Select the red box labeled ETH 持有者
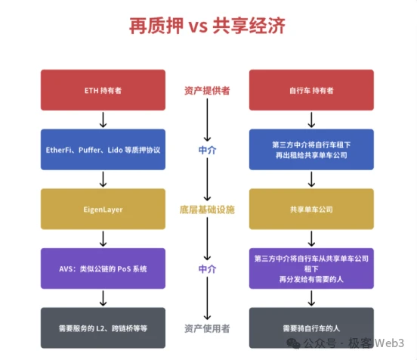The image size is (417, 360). (x=103, y=90)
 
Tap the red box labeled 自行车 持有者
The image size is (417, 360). (x=311, y=90)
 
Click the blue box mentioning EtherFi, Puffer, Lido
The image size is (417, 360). (x=103, y=149)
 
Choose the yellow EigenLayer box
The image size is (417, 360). (x=103, y=209)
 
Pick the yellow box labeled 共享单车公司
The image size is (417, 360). (x=311, y=209)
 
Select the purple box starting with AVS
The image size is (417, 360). (x=103, y=268)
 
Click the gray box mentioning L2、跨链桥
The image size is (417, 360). (x=103, y=327)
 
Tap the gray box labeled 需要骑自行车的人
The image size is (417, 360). (x=311, y=327)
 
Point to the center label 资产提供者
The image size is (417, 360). (x=207, y=90)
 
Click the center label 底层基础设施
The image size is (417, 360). (x=207, y=209)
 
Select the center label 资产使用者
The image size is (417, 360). (x=207, y=327)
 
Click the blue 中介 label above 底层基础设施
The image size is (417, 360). (x=207, y=150)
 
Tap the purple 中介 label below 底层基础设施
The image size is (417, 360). (x=207, y=268)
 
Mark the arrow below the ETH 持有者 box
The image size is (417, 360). (x=103, y=119)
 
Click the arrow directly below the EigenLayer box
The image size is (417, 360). (x=103, y=238)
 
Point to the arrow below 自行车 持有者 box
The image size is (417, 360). (x=311, y=119)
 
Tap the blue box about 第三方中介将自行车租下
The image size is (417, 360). (x=311, y=149)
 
